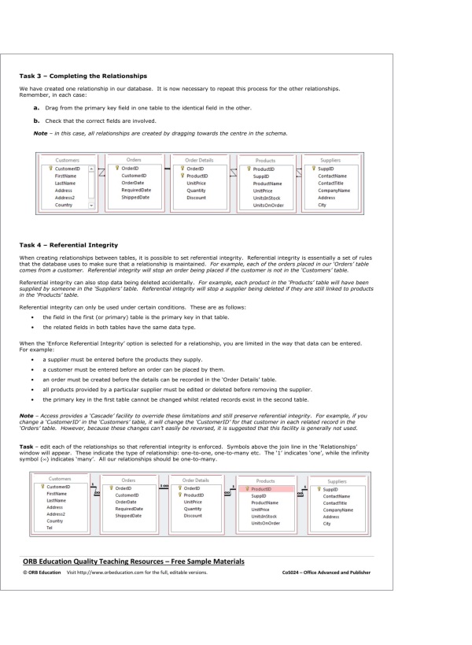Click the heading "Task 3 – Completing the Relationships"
(x=83, y=76)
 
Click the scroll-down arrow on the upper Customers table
(x=91, y=204)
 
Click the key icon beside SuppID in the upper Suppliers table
(x=313, y=168)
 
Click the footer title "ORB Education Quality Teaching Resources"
(x=134, y=561)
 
